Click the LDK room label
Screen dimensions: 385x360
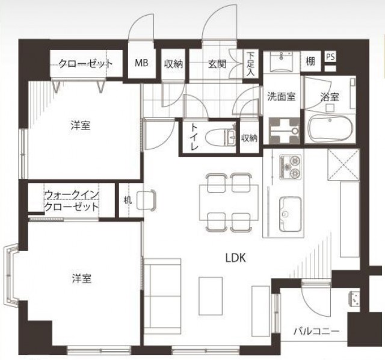(x=235, y=258)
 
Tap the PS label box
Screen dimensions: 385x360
(x=330, y=57)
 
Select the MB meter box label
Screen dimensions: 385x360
(x=141, y=63)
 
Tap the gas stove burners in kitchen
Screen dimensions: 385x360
(x=290, y=167)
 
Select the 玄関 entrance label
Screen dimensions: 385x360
(x=217, y=64)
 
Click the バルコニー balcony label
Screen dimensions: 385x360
(x=316, y=332)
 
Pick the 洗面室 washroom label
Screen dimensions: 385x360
(x=281, y=96)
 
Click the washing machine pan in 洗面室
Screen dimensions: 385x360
(x=285, y=131)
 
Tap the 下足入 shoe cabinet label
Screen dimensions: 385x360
(x=250, y=63)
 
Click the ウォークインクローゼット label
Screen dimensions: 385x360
(x=72, y=201)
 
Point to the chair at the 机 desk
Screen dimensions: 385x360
(x=146, y=200)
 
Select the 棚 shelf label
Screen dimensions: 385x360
(x=310, y=61)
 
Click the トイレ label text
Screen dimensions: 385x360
(x=194, y=137)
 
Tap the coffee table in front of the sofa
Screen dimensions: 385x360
(x=211, y=296)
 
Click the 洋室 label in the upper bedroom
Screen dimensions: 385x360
(x=81, y=126)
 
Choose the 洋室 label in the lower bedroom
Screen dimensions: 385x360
(x=82, y=279)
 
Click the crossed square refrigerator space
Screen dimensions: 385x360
(x=343, y=164)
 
